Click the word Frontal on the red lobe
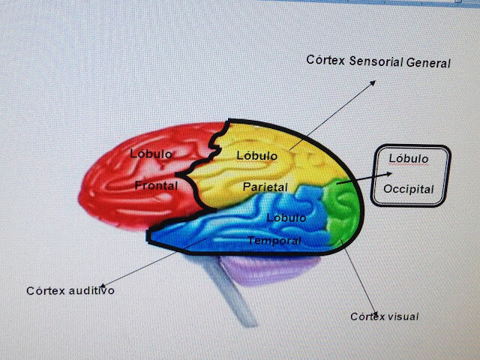(x=157, y=185)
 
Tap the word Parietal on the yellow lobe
(x=263, y=186)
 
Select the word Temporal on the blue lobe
(x=274, y=241)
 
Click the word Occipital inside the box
(x=409, y=188)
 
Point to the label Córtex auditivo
(x=70, y=290)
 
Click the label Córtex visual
(x=384, y=316)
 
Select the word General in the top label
(x=428, y=63)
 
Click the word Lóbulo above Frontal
(x=151, y=154)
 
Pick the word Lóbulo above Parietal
(x=257, y=155)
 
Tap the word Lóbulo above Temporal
(x=286, y=218)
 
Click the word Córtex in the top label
(x=325, y=60)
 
